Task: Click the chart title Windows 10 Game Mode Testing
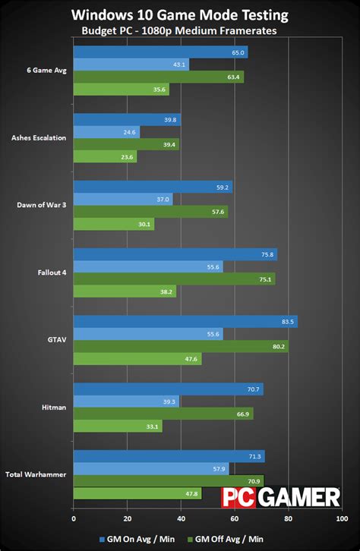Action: point(181,15)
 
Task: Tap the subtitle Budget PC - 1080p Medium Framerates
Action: point(180,31)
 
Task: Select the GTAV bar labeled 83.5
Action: point(185,322)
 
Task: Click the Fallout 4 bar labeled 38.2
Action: point(125,291)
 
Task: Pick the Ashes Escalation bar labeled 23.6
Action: point(105,157)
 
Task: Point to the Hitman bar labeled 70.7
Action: point(168,389)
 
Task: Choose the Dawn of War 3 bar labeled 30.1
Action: point(113,224)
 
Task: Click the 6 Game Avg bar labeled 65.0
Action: point(160,52)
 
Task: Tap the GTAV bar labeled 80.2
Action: point(181,347)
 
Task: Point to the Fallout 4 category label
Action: point(52,272)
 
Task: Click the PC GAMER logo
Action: point(281,497)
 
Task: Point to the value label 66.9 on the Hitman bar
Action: point(242,414)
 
